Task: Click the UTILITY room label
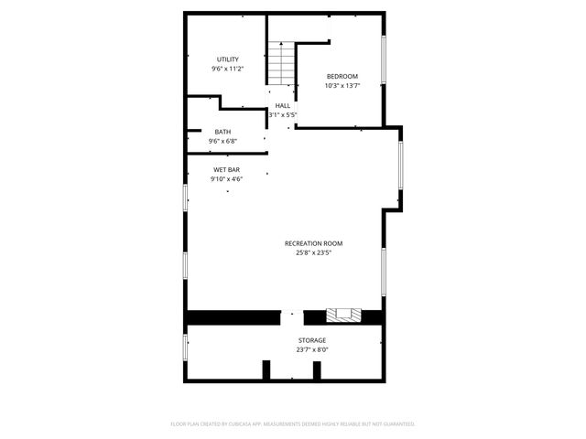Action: point(228,59)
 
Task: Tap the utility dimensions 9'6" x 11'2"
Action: point(228,69)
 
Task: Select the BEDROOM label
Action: point(342,76)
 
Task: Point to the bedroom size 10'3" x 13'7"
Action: point(342,86)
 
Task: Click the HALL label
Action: point(283,106)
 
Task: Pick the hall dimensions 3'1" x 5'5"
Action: point(283,115)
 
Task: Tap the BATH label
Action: point(223,132)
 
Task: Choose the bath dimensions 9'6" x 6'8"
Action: point(223,142)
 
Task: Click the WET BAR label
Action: point(227,170)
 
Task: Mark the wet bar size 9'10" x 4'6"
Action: point(227,179)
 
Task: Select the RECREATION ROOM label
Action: point(313,243)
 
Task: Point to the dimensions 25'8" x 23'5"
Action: point(313,252)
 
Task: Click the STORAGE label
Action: point(311,340)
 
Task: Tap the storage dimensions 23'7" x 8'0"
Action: point(311,349)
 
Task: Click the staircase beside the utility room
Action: point(281,63)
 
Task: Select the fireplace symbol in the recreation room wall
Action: point(343,316)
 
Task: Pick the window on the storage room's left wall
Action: point(186,347)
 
